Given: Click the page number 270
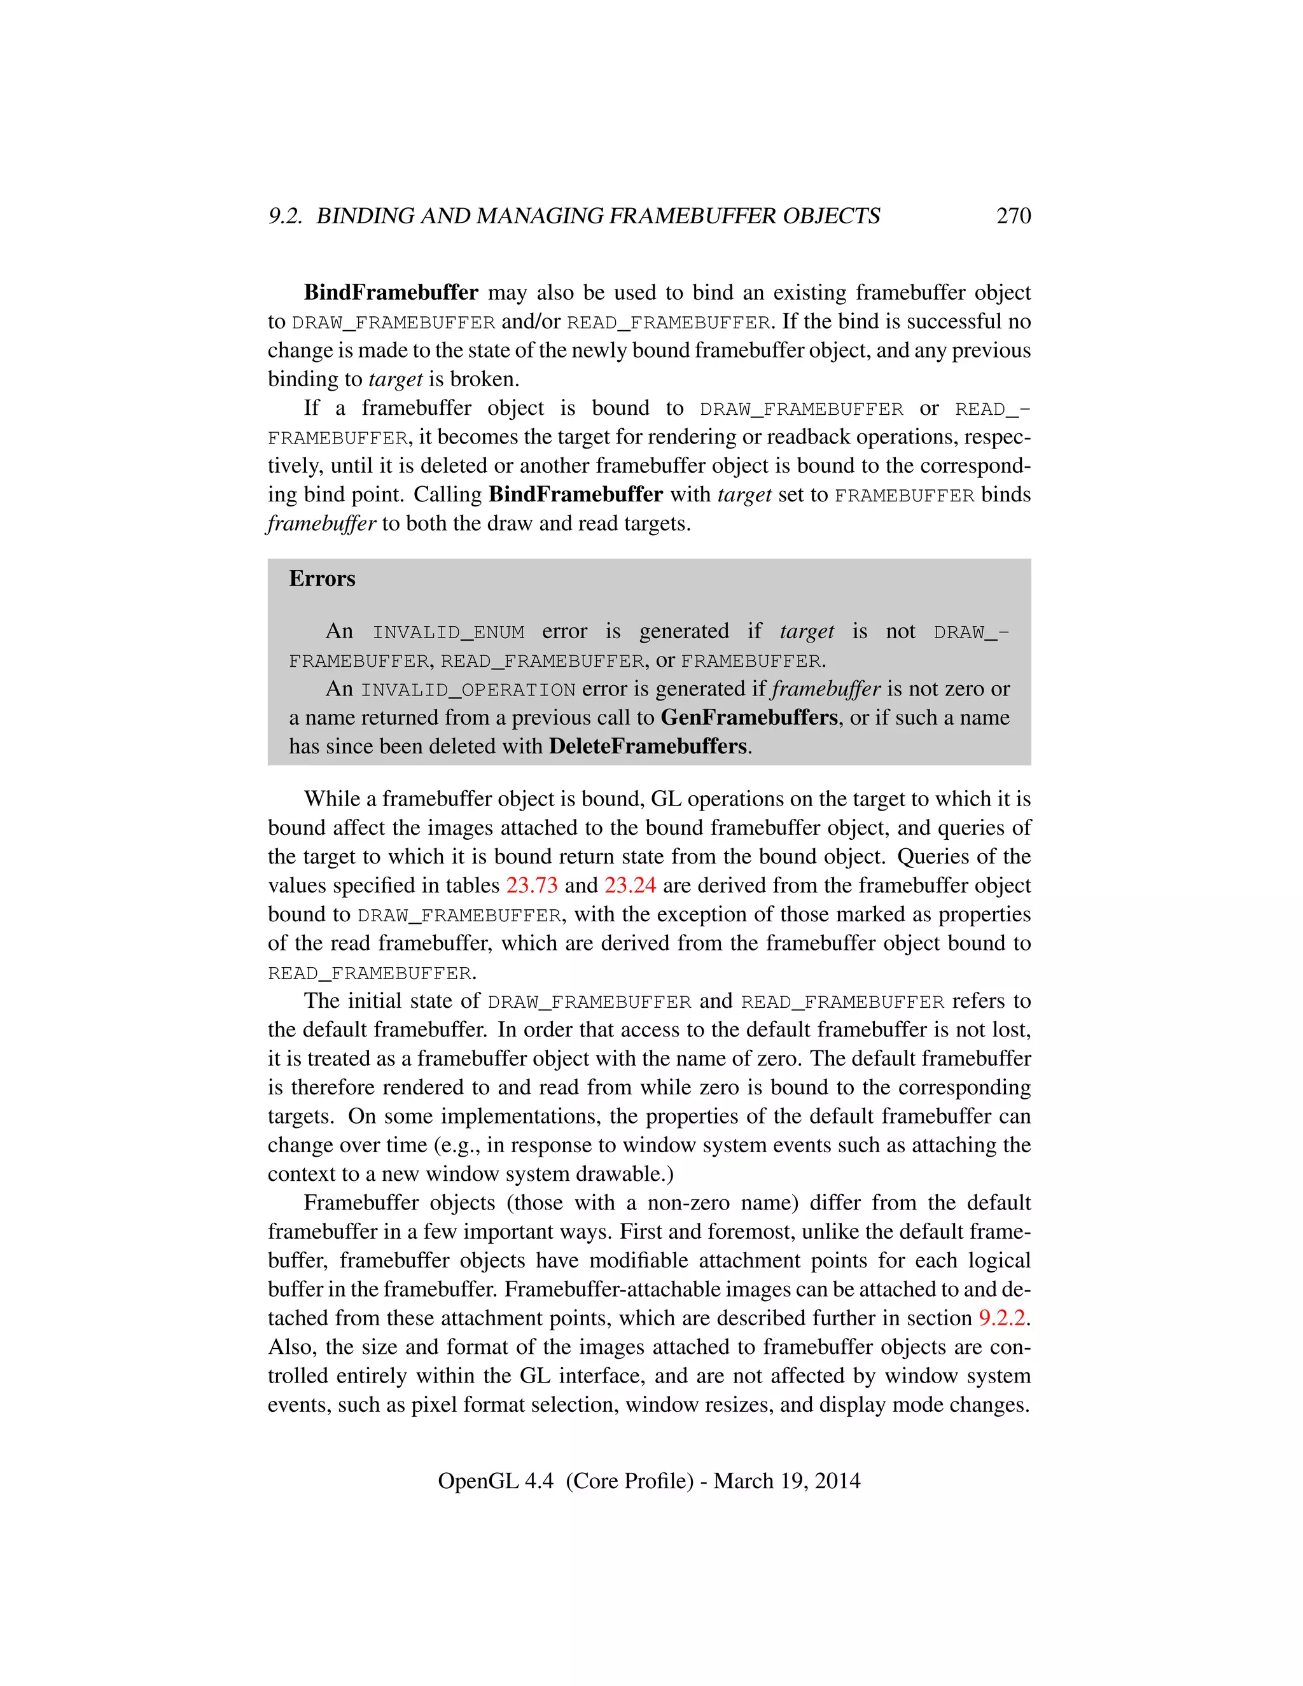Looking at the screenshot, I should (1013, 216).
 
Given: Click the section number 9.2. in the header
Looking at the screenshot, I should (286, 216).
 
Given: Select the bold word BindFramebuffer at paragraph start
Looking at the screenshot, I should (391, 293).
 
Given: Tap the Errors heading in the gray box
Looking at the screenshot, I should (322, 579).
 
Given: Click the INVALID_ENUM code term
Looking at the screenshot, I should (449, 632).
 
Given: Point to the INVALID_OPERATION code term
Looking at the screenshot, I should (468, 690).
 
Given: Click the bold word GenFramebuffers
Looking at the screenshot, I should (749, 718).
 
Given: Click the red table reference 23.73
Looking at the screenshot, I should (532, 886).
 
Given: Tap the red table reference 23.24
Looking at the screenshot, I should (630, 886).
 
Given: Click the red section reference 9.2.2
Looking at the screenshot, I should (1002, 1318).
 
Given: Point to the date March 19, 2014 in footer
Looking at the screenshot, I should (786, 1480).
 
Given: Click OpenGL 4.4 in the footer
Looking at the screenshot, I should (496, 1480).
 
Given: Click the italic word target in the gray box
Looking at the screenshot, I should (807, 632).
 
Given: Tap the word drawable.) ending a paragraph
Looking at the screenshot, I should (623, 1174).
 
